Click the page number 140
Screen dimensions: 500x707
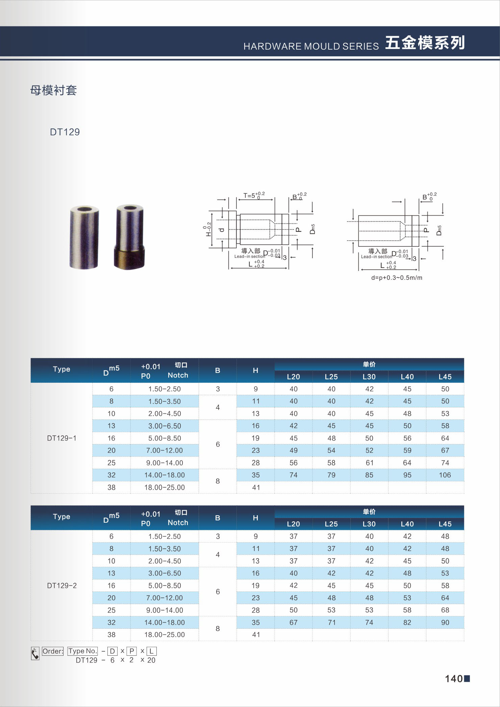pyautogui.click(x=453, y=679)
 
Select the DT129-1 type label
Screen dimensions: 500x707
pyautogui.click(x=61, y=438)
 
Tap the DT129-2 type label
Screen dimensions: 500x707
pyautogui.click(x=62, y=586)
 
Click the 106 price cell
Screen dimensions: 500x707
pyautogui.click(x=445, y=475)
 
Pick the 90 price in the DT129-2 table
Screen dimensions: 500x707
pyautogui.click(x=445, y=622)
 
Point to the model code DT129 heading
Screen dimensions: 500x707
pyautogui.click(x=65, y=132)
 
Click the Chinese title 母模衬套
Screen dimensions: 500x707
pyautogui.click(x=53, y=90)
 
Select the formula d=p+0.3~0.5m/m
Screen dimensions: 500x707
pyautogui.click(x=397, y=278)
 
